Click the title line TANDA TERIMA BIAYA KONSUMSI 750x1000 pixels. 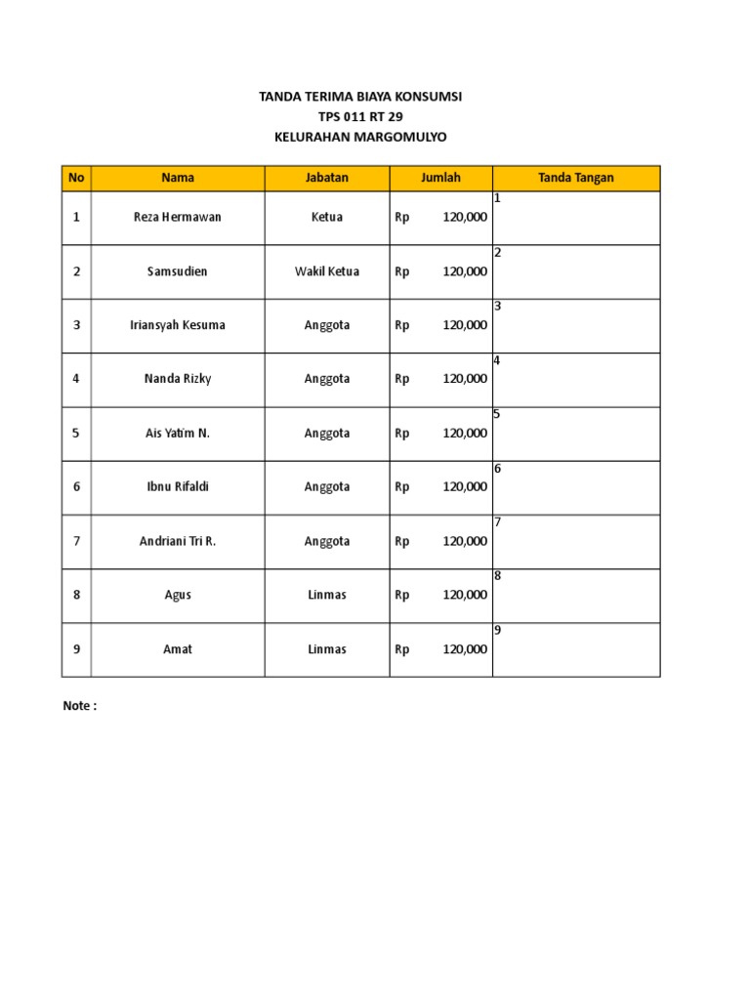pyautogui.click(x=359, y=97)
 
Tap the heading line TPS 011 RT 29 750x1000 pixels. pyautogui.click(x=359, y=117)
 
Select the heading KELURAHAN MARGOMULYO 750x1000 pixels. pyautogui.click(x=359, y=138)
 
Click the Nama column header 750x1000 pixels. pyautogui.click(x=178, y=178)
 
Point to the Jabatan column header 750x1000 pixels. pyautogui.click(x=326, y=178)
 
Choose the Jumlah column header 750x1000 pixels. pyautogui.click(x=440, y=178)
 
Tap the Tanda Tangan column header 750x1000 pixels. pyautogui.click(x=575, y=178)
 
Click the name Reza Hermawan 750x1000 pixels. pyautogui.click(x=178, y=217)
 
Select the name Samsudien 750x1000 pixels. pyautogui.click(x=178, y=271)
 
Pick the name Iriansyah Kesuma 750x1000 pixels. pyautogui.click(x=178, y=325)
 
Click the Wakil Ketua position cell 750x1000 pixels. pyautogui.click(x=326, y=271)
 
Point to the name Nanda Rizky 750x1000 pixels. pyautogui.click(x=178, y=379)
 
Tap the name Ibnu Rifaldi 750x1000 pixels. pyautogui.click(x=178, y=486)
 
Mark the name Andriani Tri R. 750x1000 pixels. pyautogui.click(x=178, y=541)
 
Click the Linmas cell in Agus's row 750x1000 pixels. pyautogui.click(x=326, y=595)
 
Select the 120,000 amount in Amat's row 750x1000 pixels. pyautogui.click(x=465, y=649)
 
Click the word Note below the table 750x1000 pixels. pyautogui.click(x=79, y=707)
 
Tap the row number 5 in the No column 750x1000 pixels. pyautogui.click(x=76, y=433)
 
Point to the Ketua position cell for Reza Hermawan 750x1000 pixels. pyautogui.click(x=326, y=217)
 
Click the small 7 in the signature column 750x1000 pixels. pyautogui.click(x=497, y=522)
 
